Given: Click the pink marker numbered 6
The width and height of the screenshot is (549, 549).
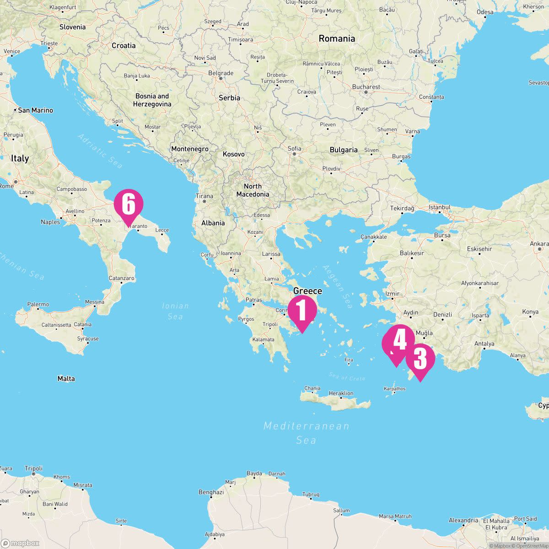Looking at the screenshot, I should click(x=129, y=205).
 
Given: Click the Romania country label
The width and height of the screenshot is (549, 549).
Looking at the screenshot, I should click(x=337, y=39).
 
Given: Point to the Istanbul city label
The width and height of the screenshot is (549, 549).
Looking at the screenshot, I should click(x=440, y=207).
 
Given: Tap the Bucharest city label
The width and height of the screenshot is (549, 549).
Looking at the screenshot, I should click(x=366, y=87).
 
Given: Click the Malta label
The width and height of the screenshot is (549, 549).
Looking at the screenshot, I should click(x=66, y=379).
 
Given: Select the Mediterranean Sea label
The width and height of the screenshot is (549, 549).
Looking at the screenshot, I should click(x=306, y=433).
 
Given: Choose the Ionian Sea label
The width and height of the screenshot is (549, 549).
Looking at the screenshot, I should click(x=175, y=311).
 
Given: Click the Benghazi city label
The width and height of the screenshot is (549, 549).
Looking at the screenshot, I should click(x=211, y=492).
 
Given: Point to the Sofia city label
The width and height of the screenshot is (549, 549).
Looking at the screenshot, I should click(x=295, y=148).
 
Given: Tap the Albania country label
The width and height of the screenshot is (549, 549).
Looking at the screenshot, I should click(x=213, y=223).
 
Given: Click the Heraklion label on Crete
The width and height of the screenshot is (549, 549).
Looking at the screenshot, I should click(x=341, y=393).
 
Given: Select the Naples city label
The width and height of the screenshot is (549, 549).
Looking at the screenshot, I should click(x=50, y=222).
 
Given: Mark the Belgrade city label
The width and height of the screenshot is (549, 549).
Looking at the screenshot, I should click(x=221, y=73).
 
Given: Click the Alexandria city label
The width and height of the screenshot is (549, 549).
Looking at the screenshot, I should click(x=463, y=520).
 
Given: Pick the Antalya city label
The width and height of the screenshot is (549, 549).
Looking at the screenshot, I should click(x=484, y=344).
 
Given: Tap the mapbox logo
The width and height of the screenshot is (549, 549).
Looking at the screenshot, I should click(x=20, y=543).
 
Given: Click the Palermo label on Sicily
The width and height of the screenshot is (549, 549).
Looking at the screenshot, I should click(x=38, y=304).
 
